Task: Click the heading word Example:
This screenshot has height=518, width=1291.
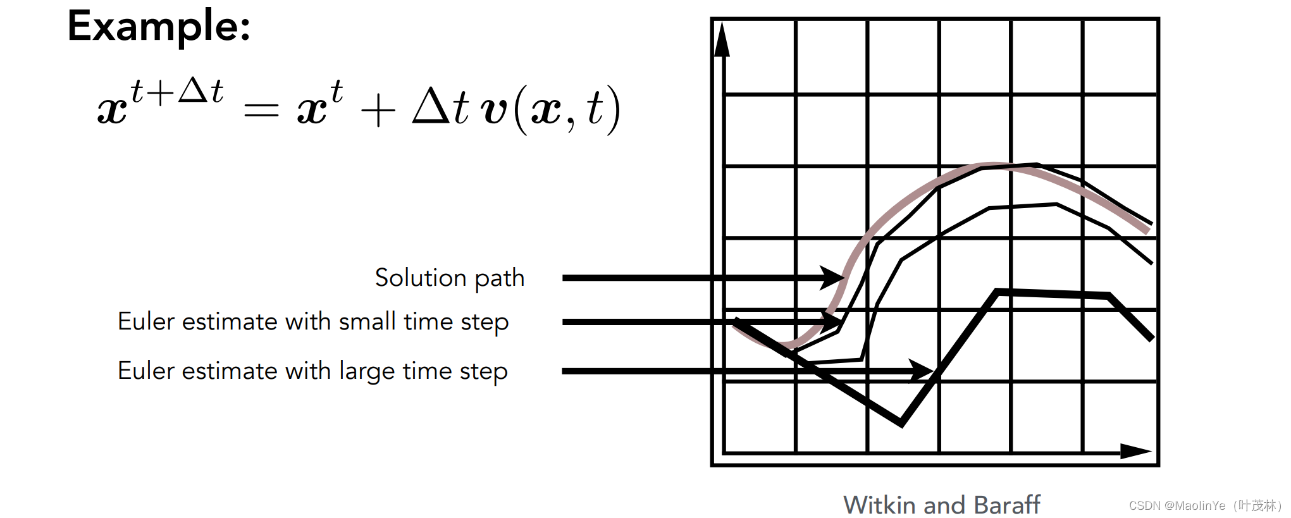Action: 159,27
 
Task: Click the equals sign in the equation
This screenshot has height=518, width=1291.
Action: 261,111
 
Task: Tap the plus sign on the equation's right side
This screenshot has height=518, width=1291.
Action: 378,111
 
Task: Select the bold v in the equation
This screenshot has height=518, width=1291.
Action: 494,110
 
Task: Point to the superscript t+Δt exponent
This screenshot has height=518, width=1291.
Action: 176,92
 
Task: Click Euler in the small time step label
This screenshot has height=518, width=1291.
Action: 146,322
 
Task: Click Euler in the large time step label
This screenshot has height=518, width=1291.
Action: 146,371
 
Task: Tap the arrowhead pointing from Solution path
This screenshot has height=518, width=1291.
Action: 833,277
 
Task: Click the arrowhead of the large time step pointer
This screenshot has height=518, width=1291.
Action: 922,371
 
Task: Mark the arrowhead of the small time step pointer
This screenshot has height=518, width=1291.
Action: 831,322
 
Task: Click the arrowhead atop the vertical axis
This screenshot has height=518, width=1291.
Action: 722,39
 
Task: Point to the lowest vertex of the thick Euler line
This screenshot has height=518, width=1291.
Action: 901,423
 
